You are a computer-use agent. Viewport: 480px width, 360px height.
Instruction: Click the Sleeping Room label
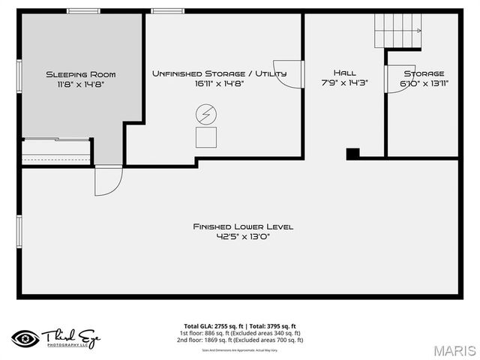[80, 74]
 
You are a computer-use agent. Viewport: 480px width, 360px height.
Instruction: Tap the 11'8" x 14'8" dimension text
[80, 84]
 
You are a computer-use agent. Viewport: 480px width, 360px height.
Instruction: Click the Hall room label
[344, 73]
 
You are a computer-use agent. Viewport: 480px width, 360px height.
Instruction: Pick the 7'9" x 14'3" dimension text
[344, 83]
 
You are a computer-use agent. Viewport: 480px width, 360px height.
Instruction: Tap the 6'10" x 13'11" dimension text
[424, 83]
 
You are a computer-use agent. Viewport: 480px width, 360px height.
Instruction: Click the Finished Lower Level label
[243, 226]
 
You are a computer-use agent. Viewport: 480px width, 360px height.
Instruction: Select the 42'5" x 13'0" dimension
[242, 237]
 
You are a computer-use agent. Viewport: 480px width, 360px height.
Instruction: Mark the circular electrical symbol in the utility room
[205, 114]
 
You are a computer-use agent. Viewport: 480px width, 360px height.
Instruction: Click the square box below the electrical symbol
[205, 137]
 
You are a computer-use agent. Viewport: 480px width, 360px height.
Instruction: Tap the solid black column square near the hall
[352, 153]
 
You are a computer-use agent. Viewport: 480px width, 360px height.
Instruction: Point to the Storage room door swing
[394, 79]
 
